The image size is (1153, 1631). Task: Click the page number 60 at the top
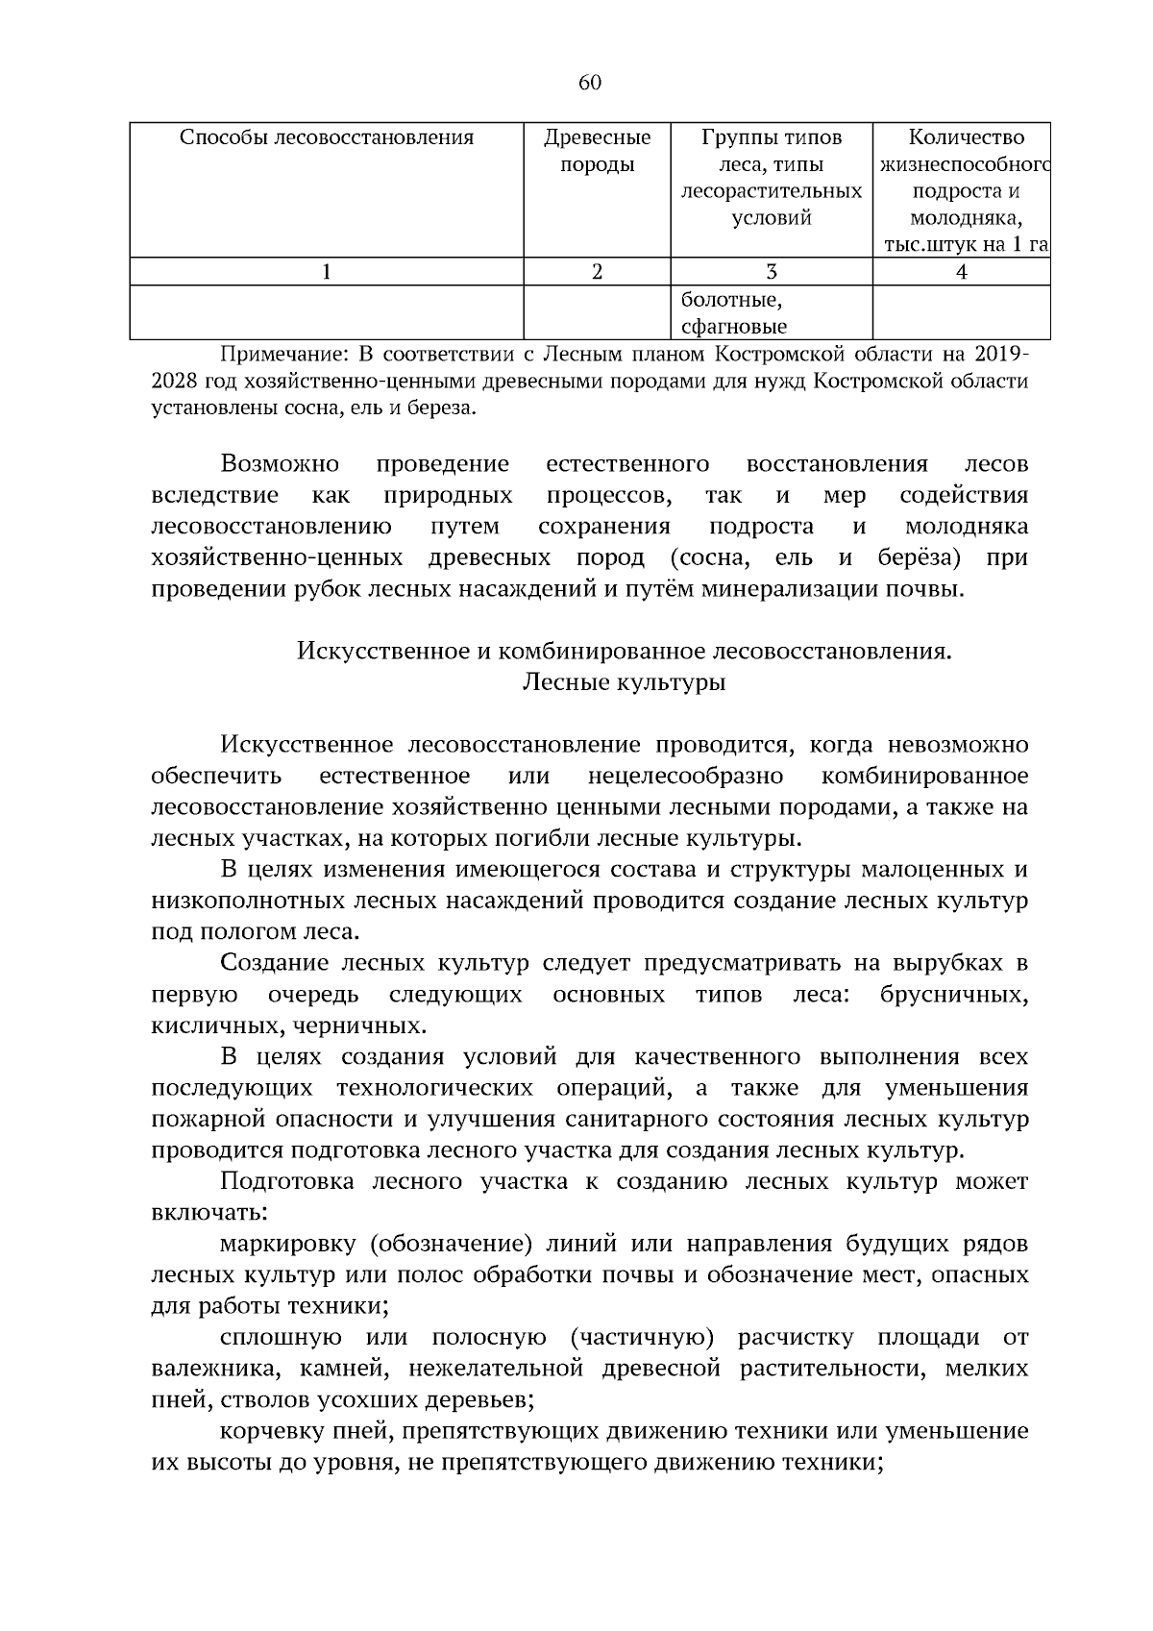(589, 83)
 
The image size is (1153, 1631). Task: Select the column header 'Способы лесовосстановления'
(327, 137)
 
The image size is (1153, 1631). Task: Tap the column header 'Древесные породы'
(597, 151)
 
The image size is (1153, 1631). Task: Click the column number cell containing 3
(771, 272)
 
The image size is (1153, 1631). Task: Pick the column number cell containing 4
(961, 272)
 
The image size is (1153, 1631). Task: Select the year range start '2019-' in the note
(996, 355)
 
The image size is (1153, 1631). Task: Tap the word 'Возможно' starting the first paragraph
(280, 464)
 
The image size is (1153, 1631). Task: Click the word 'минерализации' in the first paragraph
(774, 589)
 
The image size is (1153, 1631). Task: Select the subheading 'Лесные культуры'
(624, 682)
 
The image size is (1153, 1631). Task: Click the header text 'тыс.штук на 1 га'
(965, 245)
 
